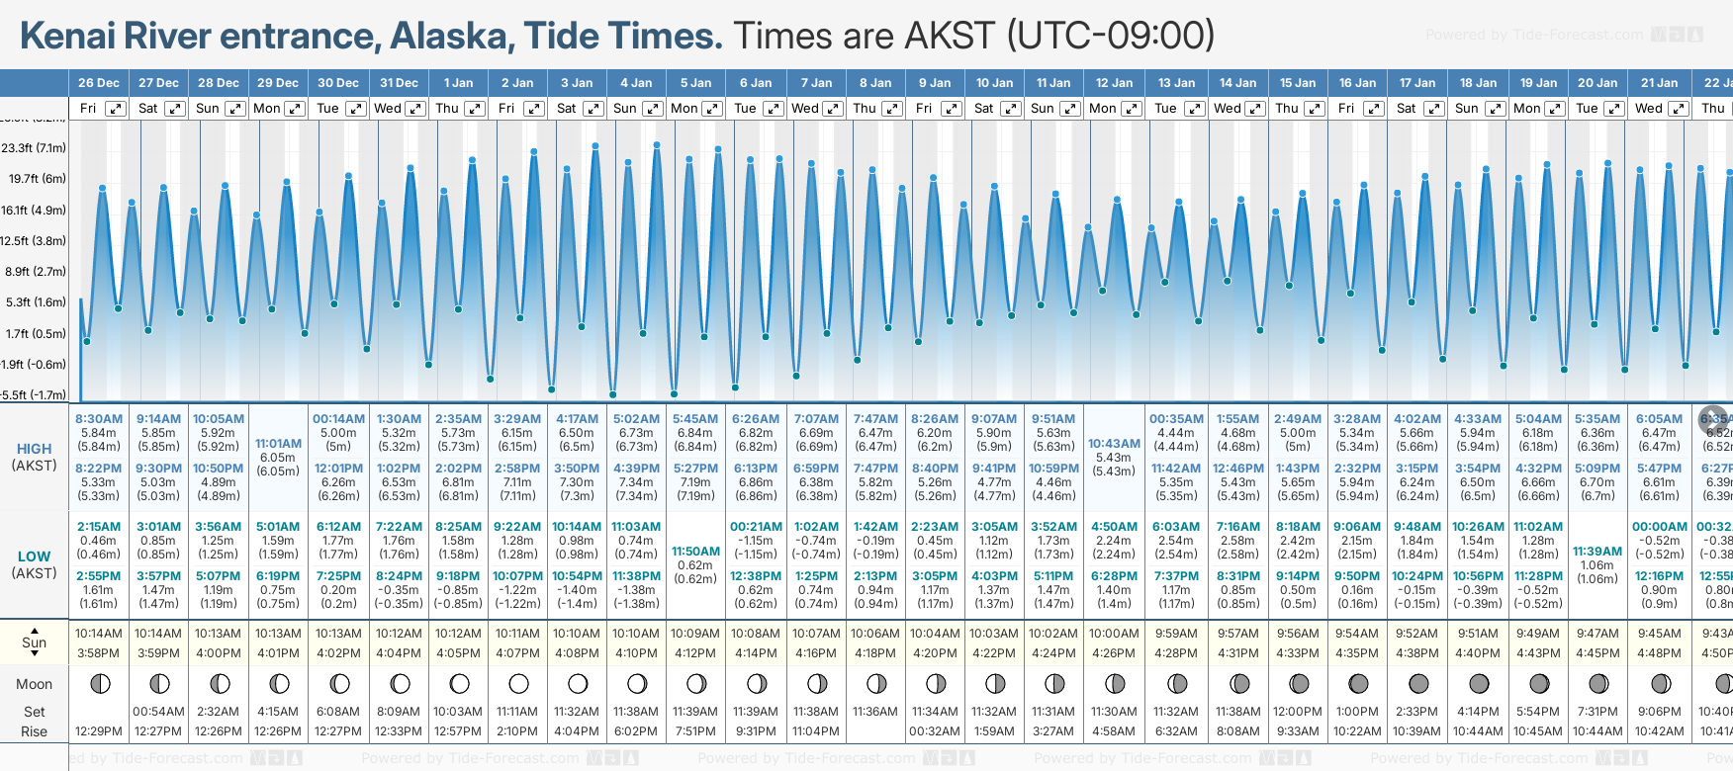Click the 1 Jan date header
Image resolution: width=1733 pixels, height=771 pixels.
point(458,83)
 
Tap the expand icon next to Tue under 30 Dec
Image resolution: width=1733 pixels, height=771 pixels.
point(355,109)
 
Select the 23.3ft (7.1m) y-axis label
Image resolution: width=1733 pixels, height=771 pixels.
point(35,148)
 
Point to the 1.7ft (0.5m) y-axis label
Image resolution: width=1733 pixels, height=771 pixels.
point(36,333)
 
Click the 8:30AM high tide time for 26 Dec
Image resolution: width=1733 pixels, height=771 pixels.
point(99,419)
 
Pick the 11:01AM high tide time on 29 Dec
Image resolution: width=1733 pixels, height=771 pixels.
point(278,444)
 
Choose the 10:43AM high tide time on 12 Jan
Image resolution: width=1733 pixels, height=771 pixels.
point(1114,444)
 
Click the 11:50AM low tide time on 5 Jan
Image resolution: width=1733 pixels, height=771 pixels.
point(695,552)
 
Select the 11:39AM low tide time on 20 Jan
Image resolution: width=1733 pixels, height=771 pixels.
point(1597,552)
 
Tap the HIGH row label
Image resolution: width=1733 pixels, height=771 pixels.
point(35,449)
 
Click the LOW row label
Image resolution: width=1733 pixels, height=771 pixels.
point(35,557)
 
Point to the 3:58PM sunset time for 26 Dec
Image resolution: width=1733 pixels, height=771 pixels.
point(99,653)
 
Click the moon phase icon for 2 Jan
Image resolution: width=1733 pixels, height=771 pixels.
point(518,683)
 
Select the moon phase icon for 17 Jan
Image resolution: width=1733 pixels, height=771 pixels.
point(1418,683)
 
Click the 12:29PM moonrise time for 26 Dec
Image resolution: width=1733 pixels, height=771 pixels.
point(99,731)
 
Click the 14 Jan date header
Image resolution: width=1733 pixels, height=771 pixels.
point(1237,83)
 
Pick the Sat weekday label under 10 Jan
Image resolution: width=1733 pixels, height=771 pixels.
point(983,109)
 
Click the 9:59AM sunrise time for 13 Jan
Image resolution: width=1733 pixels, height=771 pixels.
point(1175,634)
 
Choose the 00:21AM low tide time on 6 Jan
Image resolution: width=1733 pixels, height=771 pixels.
point(756,527)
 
